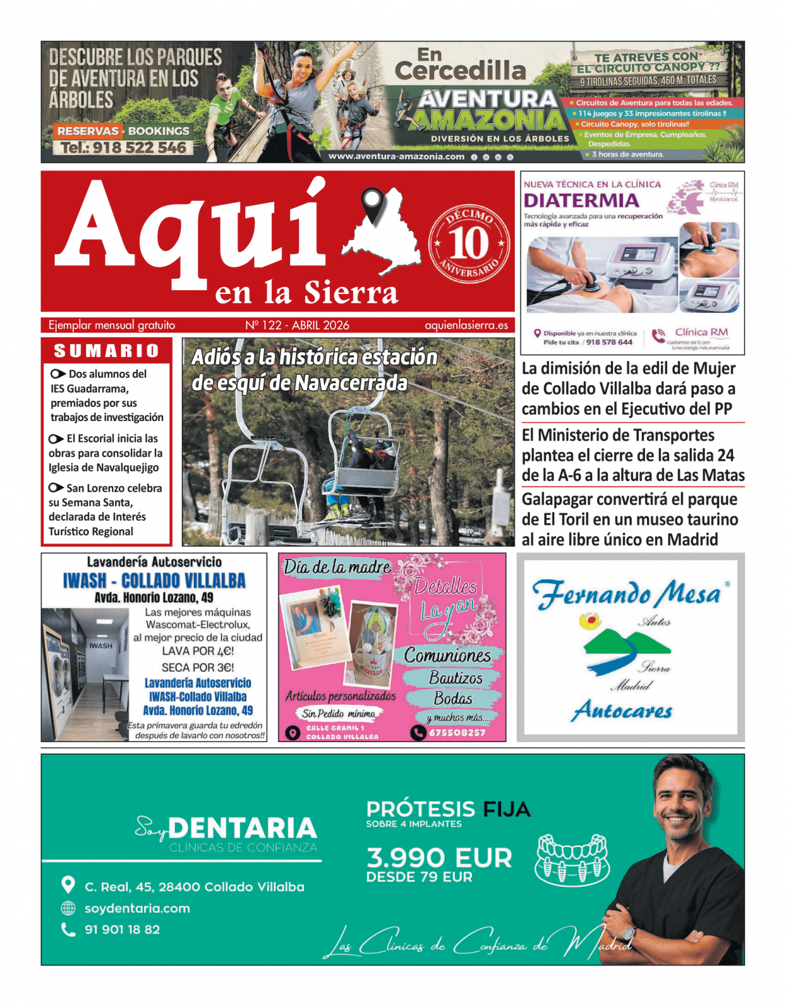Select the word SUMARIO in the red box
click(106, 351)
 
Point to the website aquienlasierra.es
click(466, 325)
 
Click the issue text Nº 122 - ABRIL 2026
click(297, 325)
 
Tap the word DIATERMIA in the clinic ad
click(581, 201)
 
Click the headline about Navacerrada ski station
click(313, 370)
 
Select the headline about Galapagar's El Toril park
click(629, 519)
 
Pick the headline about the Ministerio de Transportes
click(632, 455)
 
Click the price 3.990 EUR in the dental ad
click(439, 858)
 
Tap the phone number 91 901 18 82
click(122, 930)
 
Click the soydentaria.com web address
click(137, 908)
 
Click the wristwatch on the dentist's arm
click(629, 933)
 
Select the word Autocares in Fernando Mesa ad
click(622, 711)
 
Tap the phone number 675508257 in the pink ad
click(457, 733)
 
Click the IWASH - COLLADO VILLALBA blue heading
click(154, 580)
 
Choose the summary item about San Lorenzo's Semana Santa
click(104, 510)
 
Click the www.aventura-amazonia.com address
click(396, 157)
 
